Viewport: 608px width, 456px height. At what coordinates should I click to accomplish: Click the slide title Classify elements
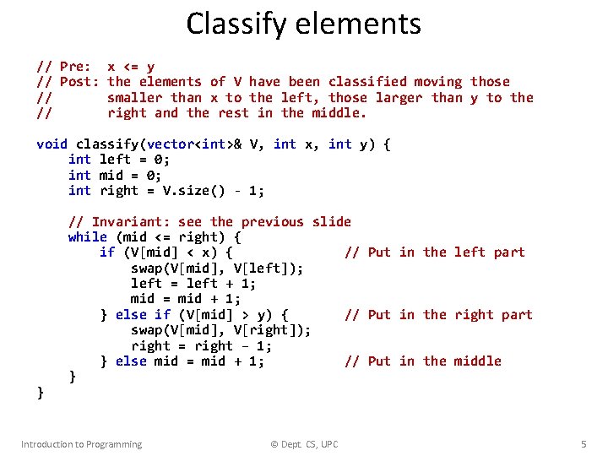[303, 24]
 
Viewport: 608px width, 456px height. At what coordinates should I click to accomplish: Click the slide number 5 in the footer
[583, 444]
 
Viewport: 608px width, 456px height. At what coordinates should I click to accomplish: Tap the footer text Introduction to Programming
[82, 444]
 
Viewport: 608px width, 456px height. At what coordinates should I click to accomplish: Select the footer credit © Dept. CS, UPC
[303, 444]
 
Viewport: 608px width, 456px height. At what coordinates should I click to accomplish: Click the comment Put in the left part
[435, 252]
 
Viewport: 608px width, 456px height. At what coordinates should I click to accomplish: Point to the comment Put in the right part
[438, 315]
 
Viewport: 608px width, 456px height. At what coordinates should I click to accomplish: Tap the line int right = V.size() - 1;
[166, 191]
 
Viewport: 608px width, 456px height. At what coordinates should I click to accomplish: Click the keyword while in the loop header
[87, 237]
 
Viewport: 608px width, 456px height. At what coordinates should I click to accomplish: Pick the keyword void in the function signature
[52, 144]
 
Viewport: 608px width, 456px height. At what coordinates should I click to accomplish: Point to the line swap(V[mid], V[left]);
[217, 269]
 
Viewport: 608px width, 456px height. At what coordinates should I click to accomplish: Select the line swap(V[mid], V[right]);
[220, 330]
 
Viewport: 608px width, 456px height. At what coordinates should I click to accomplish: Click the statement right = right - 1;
[201, 346]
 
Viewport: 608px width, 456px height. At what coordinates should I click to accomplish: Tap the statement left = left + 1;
[193, 284]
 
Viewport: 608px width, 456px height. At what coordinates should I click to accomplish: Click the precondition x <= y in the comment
[131, 67]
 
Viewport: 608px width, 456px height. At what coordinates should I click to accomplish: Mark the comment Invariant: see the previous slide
[209, 222]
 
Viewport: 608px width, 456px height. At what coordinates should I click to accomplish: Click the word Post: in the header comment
[79, 82]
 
